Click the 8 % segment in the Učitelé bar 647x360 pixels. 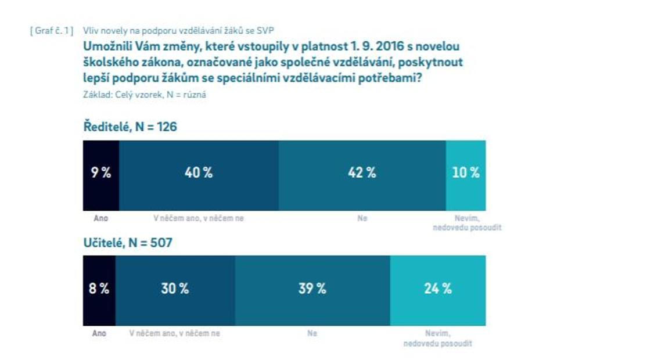pos(99,289)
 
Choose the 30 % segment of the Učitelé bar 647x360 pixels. pos(175,289)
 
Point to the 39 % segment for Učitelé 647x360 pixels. pos(312,289)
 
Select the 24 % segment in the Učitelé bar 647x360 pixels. pos(438,289)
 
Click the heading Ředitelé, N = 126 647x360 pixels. pos(130,127)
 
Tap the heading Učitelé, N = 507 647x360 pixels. pos(128,243)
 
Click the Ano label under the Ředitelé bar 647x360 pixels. pos(101,219)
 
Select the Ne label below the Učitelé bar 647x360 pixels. pos(312,334)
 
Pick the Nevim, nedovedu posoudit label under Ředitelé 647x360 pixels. pos(467,223)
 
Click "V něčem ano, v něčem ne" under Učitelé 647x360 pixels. pos(175,334)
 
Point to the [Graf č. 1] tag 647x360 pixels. pos(51,30)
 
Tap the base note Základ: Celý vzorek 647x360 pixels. pos(145,95)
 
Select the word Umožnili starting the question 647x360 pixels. pos(107,46)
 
